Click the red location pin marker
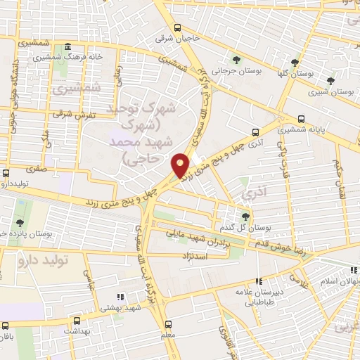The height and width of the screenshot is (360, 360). click(181, 165)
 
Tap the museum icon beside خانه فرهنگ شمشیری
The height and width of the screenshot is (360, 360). click(67, 48)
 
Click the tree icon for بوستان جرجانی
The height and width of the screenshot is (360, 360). click(237, 60)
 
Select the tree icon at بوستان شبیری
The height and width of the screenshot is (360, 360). click(330, 81)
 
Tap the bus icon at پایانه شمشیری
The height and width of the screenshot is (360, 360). click(302, 119)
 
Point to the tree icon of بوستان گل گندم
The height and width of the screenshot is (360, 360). click(245, 217)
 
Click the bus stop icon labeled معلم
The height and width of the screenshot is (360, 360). click(168, 324)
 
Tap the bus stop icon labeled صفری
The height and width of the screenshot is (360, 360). click(6, 172)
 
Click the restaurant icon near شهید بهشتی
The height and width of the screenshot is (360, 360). click(120, 297)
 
